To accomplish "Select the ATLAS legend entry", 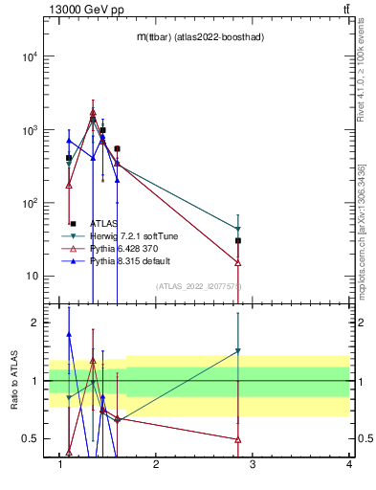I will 104,223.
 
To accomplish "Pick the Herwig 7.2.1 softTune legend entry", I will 128,235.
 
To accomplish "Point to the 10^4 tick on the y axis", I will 28,56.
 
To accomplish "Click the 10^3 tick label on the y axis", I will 28,130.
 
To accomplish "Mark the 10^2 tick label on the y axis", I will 28,203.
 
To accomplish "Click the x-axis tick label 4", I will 349,465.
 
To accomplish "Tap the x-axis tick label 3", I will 253,465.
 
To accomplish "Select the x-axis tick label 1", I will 60,465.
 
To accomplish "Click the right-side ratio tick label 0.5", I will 362,439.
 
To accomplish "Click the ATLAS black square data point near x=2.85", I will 238,240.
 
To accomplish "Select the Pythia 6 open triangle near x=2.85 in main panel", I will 238,262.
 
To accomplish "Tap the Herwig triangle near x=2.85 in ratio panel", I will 238,351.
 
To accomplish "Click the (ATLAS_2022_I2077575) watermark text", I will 199,286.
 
